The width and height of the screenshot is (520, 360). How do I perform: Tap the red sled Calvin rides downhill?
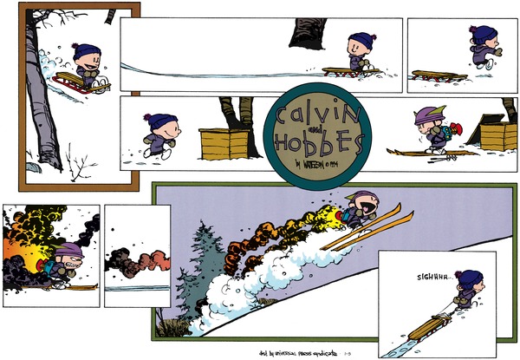point(80,83)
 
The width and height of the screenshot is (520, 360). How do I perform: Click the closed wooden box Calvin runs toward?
point(223,144)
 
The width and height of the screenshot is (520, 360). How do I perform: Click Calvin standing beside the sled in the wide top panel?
point(359,54)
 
